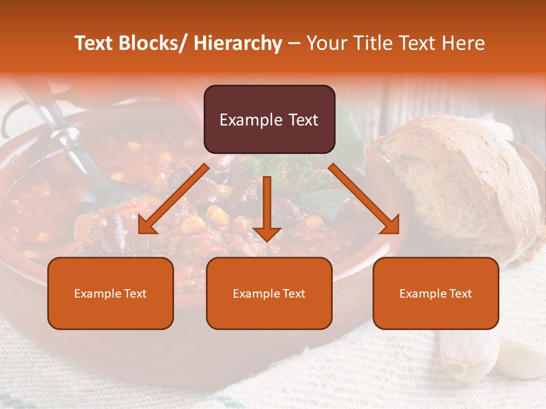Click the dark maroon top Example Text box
click(269, 119)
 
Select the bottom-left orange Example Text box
click(110, 293)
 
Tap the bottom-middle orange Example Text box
click(269, 293)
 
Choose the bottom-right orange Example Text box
click(436, 293)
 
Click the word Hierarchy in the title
click(238, 43)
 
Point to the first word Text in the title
click(94, 43)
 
